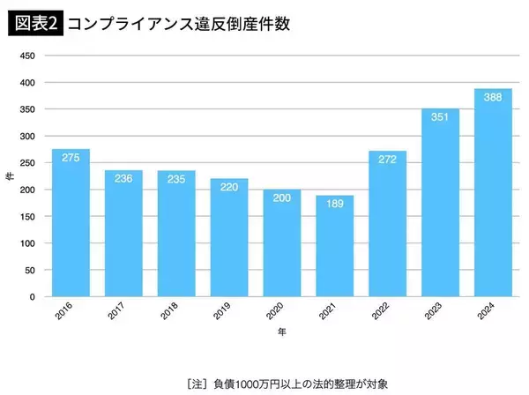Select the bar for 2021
[334, 246]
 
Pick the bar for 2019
[229, 238]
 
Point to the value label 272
[387, 160]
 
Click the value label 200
[281, 198]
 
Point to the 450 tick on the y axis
[26, 56]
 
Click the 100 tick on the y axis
[26, 243]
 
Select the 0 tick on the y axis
[32, 297]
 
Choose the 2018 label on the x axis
[171, 310]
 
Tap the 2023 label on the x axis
[435, 310]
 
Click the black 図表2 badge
[34, 24]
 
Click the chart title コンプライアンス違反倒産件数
[176, 24]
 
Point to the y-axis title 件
[9, 176]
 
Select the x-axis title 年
[281, 332]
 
